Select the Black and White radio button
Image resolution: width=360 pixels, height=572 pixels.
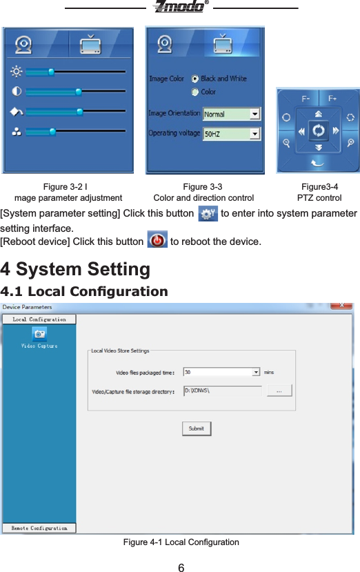click(195, 79)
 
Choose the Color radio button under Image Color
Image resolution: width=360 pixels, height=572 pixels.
click(195, 91)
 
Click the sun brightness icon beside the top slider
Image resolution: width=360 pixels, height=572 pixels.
click(17, 71)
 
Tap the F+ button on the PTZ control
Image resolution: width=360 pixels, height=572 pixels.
click(332, 98)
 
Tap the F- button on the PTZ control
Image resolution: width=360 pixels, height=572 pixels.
click(305, 98)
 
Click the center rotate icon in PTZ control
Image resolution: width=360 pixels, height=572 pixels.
click(318, 130)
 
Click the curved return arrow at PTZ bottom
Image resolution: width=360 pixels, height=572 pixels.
click(318, 162)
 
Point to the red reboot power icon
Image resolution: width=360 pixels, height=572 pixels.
click(157, 241)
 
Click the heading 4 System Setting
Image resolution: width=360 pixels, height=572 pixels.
click(76, 268)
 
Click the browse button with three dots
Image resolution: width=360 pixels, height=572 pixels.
click(279, 391)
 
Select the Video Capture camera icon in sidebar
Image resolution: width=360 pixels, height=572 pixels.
click(39, 333)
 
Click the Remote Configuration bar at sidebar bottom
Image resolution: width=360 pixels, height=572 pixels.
click(39, 528)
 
